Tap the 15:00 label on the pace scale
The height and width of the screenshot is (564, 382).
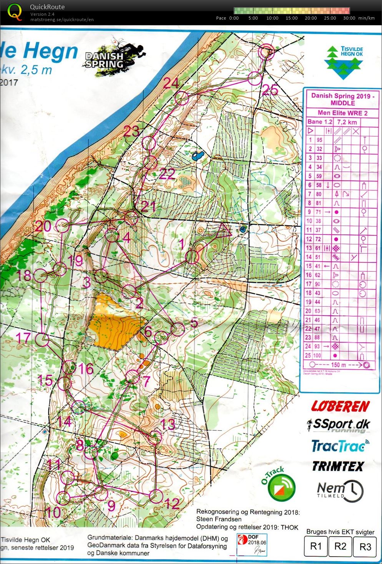291,18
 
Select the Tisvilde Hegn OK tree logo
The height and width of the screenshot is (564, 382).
344,62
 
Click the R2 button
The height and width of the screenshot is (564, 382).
340,546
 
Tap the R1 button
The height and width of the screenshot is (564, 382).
316,546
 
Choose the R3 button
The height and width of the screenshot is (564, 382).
365,546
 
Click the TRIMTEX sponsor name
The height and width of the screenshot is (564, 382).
337,466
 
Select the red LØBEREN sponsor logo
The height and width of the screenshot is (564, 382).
340,406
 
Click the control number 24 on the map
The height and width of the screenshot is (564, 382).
171,83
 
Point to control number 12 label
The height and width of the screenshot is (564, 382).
172,503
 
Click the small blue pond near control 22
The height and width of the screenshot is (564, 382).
198,155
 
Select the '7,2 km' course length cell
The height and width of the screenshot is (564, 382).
347,122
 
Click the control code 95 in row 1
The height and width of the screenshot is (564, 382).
319,140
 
